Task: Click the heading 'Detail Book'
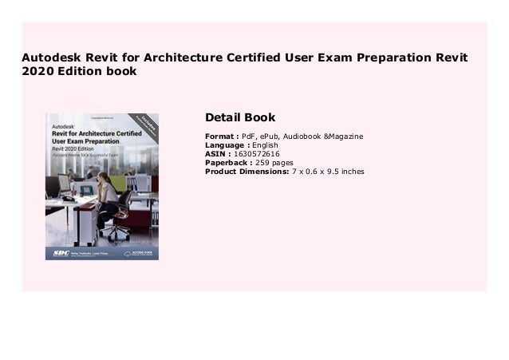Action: [240, 118]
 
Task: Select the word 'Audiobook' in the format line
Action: [311, 136]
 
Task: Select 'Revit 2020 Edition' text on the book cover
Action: [76, 149]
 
